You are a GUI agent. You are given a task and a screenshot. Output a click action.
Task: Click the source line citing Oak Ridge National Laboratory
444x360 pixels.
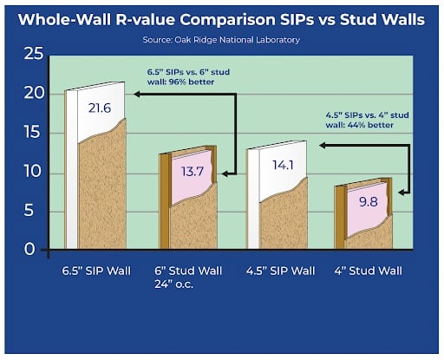pos(221,41)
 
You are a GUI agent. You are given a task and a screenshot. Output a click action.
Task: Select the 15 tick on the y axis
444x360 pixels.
pos(33,134)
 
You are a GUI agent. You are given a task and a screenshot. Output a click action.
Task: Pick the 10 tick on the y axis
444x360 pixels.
pos(33,173)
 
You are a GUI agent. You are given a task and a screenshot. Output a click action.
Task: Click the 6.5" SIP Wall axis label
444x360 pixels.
pos(97,272)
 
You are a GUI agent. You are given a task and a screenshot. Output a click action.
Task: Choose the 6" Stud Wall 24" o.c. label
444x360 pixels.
pos(189,279)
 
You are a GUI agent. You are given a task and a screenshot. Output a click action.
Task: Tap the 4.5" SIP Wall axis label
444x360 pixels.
pos(281,272)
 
